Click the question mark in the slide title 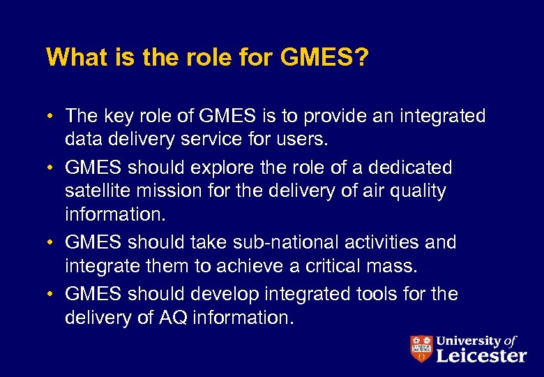click(361, 58)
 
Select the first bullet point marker click(53, 116)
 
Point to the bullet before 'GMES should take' click(53, 243)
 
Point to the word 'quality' click(418, 191)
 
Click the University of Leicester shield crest click(421, 348)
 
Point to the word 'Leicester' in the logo click(481, 355)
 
